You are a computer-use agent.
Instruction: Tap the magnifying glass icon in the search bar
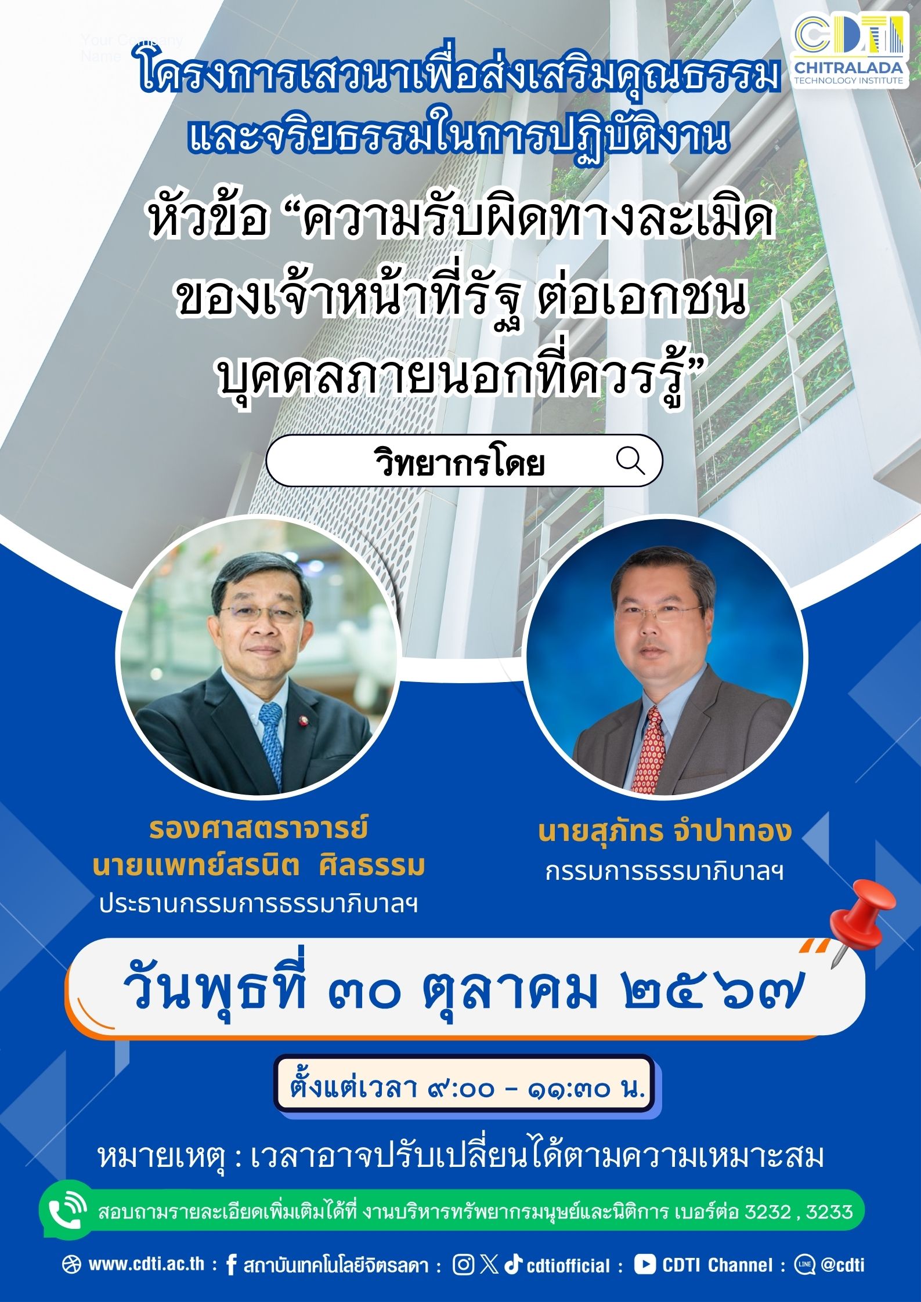(x=631, y=460)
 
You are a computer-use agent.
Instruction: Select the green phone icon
(x=68, y=1210)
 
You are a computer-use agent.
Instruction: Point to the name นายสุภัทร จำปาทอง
(x=664, y=832)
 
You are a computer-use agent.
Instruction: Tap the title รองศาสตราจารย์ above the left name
(x=259, y=828)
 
